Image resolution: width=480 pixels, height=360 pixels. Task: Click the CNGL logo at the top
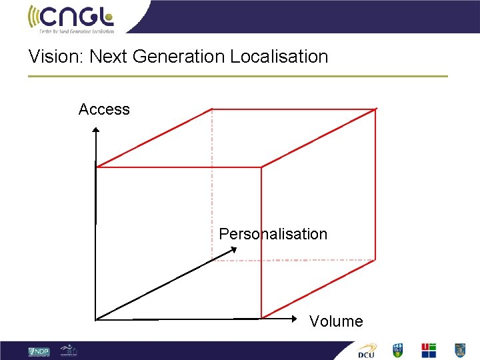coord(71,18)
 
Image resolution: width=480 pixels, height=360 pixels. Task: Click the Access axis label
coord(104,109)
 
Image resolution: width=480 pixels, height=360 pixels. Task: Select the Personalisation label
coord(273,234)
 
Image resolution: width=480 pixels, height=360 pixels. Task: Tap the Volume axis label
coord(336,321)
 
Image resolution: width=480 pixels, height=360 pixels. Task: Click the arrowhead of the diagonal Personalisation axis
coord(234,250)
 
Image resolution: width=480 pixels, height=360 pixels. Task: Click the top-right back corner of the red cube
coord(377,109)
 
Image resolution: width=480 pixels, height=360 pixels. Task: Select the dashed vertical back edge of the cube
coord(212,187)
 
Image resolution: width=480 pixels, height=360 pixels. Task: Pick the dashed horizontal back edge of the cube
coord(293,260)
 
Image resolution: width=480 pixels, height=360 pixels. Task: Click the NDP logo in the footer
coord(39,351)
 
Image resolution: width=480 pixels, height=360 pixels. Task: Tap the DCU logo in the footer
coord(367,351)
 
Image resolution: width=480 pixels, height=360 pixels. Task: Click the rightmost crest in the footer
coord(459,350)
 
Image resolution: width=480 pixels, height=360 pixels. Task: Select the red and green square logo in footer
coord(429,350)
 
